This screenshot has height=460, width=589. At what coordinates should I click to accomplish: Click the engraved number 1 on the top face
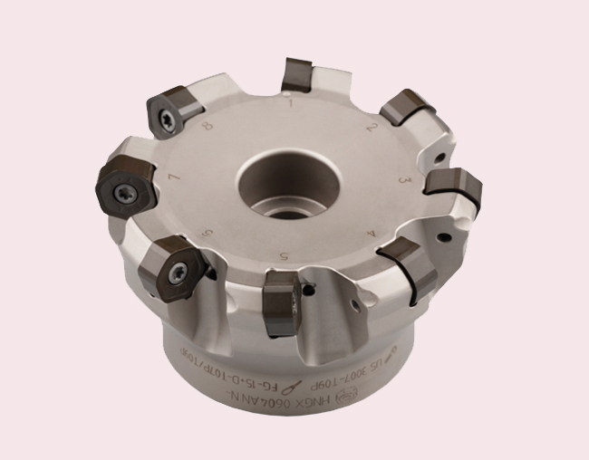click(x=289, y=104)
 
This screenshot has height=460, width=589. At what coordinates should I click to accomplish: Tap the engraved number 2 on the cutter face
click(x=372, y=127)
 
